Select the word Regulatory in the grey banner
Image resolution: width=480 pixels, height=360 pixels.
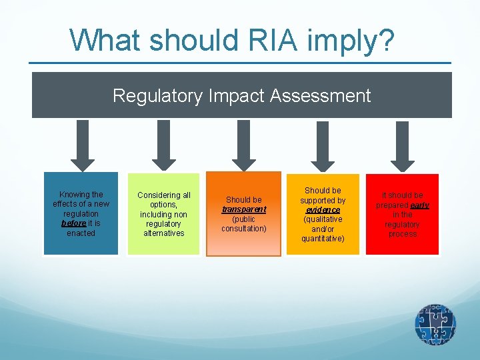[157, 96]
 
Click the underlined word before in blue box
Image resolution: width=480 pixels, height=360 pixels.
[73, 223]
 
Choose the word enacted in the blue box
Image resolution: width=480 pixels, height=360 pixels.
[81, 233]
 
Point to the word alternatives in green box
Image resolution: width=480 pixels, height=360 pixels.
[164, 233]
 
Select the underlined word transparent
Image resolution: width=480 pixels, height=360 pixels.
[244, 209]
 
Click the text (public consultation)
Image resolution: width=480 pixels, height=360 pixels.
[244, 223]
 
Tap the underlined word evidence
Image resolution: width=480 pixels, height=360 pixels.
[323, 210]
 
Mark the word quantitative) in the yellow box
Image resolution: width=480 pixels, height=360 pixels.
[323, 238]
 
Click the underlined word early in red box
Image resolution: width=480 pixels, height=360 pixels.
[420, 205]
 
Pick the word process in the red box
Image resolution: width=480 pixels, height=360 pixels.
[403, 234]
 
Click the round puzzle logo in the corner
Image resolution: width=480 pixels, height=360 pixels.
[435, 325]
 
